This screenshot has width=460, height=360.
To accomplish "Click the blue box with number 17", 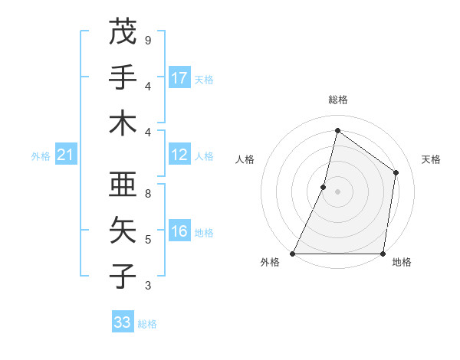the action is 179,78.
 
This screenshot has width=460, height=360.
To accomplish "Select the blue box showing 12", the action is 179,155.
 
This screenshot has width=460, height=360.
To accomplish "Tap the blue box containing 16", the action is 179,232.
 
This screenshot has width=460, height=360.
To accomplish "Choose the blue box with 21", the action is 65,155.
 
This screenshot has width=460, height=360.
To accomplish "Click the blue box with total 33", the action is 123,322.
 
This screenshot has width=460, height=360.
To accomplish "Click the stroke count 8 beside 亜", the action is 147,194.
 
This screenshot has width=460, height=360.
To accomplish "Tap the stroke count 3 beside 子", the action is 147,286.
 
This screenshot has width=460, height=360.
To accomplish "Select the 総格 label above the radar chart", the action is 337,100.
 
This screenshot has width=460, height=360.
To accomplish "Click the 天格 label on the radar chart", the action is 431,159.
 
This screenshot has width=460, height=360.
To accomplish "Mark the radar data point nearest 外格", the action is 293,254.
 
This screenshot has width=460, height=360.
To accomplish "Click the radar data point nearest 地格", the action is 383,254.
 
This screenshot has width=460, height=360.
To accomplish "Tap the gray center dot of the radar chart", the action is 337,191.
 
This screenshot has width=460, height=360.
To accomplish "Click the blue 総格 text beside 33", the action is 147,324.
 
